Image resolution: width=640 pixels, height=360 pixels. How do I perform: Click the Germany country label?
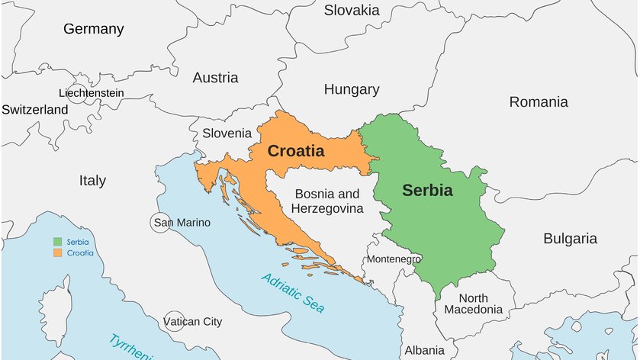point(93,29)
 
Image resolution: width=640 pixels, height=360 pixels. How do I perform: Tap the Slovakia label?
point(352,10)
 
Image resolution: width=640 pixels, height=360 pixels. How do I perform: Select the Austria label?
point(215,78)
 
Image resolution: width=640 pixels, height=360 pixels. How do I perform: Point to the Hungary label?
point(352,89)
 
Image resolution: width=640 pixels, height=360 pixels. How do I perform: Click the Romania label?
point(539,101)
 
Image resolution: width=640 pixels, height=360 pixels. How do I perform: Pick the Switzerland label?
point(34,109)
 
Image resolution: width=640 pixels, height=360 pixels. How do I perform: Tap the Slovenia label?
point(227,133)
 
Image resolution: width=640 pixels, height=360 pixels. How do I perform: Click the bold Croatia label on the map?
point(295,151)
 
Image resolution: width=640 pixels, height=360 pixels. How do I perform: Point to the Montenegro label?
point(394,259)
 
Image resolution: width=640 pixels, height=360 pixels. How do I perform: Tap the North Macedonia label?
point(473,304)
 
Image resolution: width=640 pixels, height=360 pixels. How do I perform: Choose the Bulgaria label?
point(570,239)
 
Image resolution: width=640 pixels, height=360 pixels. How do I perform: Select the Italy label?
point(92,181)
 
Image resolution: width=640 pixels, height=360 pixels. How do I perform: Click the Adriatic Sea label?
point(292,293)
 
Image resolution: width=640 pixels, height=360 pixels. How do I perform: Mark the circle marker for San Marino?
point(159,223)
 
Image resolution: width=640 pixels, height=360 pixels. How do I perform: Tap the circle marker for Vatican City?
point(174,321)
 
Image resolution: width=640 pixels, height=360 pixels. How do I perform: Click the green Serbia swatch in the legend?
point(56,242)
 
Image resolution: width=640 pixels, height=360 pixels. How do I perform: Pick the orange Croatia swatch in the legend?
point(56,252)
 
